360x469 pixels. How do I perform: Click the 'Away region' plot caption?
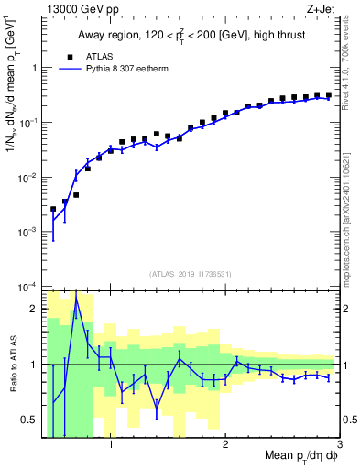click(x=191, y=35)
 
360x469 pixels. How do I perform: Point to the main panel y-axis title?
click(x=12, y=92)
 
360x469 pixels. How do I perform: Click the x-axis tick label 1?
click(x=111, y=446)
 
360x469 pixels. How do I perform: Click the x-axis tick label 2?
click(x=225, y=446)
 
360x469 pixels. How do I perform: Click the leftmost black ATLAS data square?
click(x=53, y=209)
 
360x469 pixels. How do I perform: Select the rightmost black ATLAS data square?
click(x=329, y=94)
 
